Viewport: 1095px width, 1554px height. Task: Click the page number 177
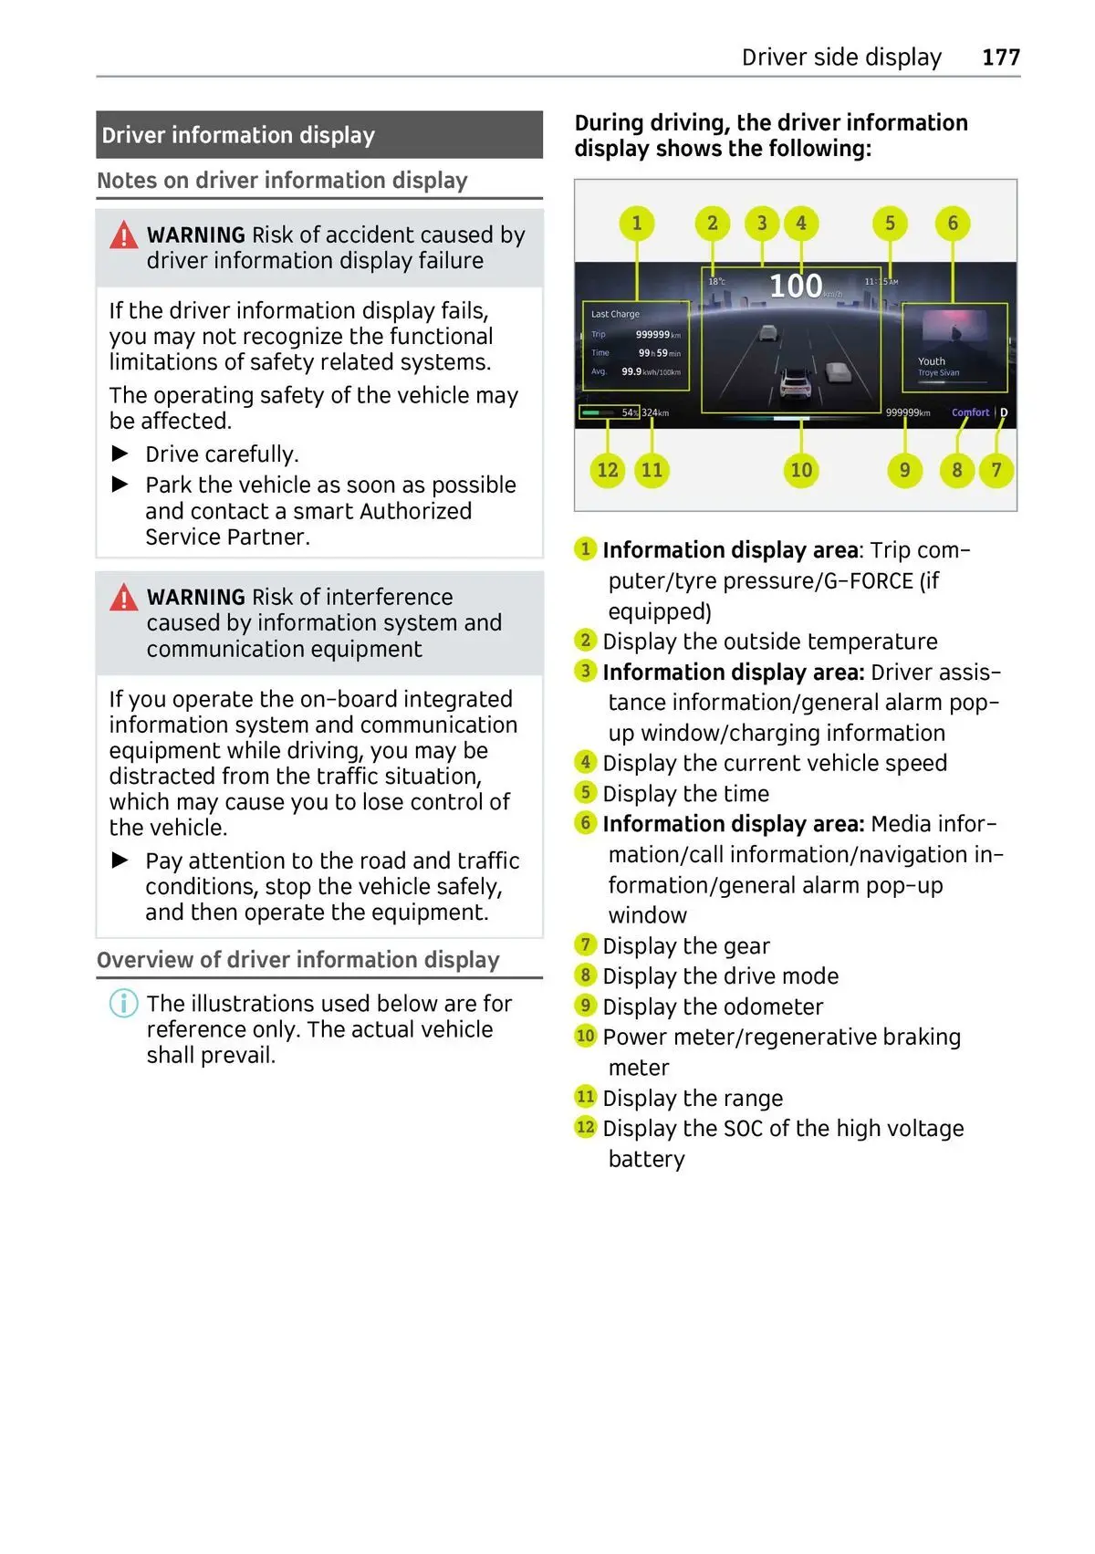1000,57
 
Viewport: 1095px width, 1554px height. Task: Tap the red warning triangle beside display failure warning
124,236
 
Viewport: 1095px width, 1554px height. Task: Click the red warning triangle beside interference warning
124,598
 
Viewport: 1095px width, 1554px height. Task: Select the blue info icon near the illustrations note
124,1004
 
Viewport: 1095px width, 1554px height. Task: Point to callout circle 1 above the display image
637,224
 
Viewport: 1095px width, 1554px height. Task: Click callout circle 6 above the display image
953,224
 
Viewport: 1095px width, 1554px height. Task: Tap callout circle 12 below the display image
608,470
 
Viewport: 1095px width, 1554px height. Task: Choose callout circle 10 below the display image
801,470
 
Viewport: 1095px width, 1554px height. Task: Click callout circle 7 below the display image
996,470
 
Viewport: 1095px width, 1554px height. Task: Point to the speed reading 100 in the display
796,287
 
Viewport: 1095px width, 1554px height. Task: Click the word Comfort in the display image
970,412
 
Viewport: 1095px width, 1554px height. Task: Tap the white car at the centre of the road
797,384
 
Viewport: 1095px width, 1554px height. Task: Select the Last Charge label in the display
615,314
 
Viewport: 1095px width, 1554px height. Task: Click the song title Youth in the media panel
932,361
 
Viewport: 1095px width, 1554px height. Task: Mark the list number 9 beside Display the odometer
586,1006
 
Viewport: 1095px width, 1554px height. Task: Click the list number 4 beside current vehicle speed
586,762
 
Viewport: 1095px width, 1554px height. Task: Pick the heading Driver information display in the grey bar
238,135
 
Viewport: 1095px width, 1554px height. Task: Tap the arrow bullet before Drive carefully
120,454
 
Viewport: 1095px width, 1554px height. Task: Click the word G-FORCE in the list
869,581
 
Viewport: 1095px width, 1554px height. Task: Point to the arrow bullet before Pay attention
120,860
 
